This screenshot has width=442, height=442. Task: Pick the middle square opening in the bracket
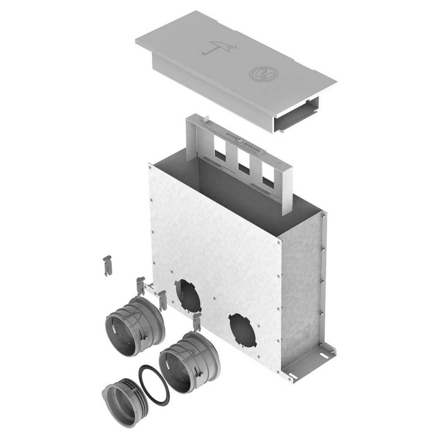pos(244,164)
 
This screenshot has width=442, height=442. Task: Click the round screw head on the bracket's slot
pos(239,141)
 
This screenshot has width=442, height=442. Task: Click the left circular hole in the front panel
pos(188,295)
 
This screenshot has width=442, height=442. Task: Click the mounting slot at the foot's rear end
pos(324,355)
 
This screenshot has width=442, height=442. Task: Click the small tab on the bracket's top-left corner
pos(205,119)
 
